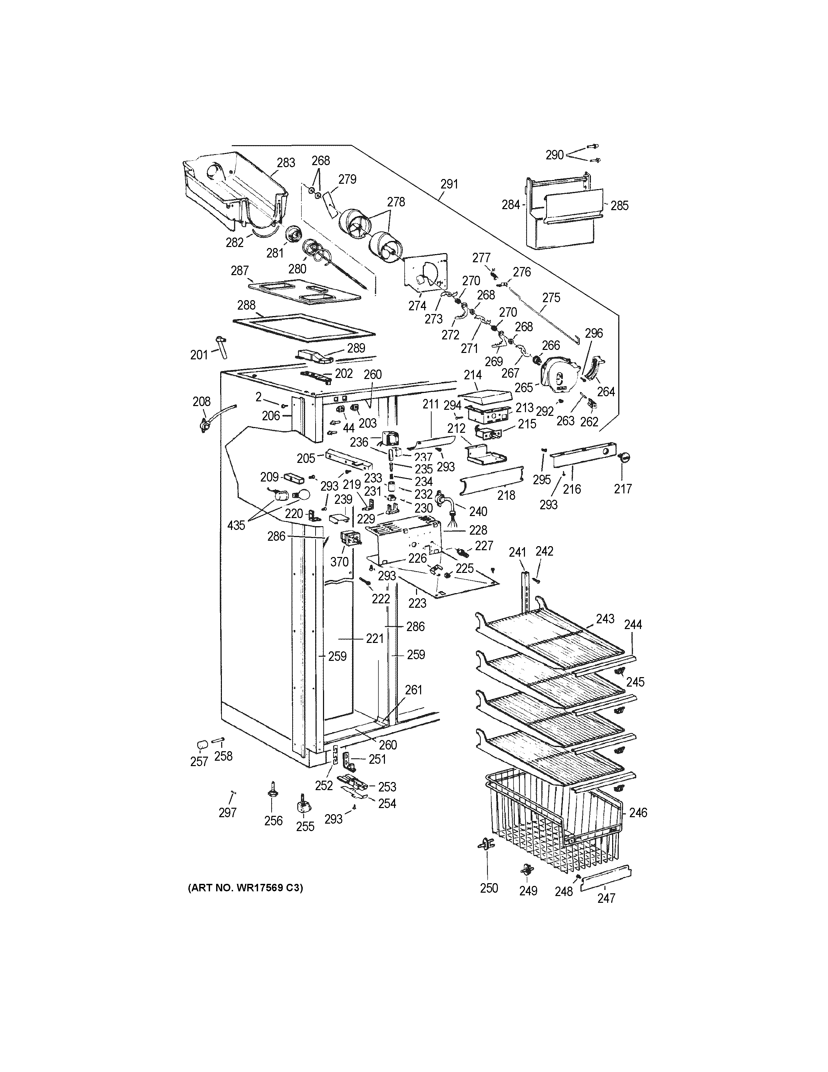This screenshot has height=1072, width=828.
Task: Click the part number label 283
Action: pyautogui.click(x=286, y=162)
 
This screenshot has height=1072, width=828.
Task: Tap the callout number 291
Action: pyautogui.click(x=449, y=184)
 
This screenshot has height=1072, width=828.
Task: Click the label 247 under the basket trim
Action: pyautogui.click(x=606, y=898)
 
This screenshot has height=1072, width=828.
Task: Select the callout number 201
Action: pyautogui.click(x=199, y=354)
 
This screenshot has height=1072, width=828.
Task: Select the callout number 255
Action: pyautogui.click(x=305, y=827)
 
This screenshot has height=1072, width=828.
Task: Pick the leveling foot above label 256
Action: pyautogui.click(x=271, y=791)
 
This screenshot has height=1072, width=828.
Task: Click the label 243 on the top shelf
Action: pyautogui.click(x=605, y=619)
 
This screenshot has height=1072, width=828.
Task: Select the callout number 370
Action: pyautogui.click(x=340, y=561)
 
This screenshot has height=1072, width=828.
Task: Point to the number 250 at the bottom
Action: pyautogui.click(x=489, y=888)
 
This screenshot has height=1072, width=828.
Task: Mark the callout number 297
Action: pyautogui.click(x=228, y=813)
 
